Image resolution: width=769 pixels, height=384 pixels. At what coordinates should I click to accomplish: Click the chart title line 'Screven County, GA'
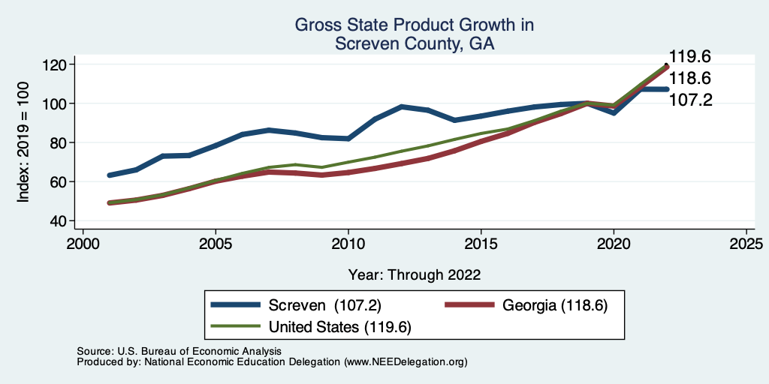tap(415, 43)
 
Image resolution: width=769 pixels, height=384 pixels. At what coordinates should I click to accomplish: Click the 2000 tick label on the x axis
tap(83, 244)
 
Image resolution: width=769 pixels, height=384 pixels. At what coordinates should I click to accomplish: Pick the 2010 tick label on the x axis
tap(348, 244)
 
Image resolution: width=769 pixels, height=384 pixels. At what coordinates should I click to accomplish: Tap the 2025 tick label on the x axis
tap(747, 244)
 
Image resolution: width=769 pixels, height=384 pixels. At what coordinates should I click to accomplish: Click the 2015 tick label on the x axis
tap(481, 244)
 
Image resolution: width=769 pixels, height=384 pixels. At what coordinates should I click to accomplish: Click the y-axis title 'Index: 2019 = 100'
tap(24, 142)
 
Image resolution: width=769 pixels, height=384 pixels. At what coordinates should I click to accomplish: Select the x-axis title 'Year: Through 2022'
tap(415, 274)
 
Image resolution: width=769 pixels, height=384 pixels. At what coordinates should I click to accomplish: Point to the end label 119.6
tap(690, 57)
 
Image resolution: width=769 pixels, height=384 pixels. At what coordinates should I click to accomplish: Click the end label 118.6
tap(690, 78)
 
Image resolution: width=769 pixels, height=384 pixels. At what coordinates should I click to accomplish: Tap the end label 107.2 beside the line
tap(690, 99)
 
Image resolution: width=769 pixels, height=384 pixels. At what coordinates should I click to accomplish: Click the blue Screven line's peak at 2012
tap(402, 106)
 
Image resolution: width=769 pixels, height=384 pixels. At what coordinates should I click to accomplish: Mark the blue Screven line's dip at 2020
tap(614, 112)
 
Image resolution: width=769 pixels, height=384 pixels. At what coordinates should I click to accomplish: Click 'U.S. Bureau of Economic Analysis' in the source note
tap(198, 351)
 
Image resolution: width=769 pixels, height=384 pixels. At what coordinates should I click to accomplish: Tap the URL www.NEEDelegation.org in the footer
tap(406, 361)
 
